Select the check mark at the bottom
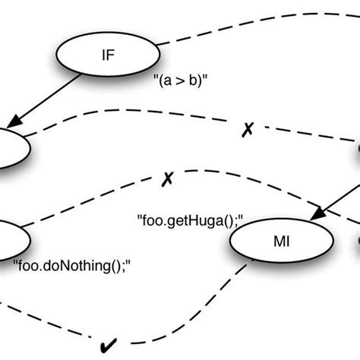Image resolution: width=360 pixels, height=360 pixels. [x=109, y=347]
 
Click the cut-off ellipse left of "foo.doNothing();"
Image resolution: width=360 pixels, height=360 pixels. [x=11, y=239]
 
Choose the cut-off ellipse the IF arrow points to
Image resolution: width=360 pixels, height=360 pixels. [x=11, y=147]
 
